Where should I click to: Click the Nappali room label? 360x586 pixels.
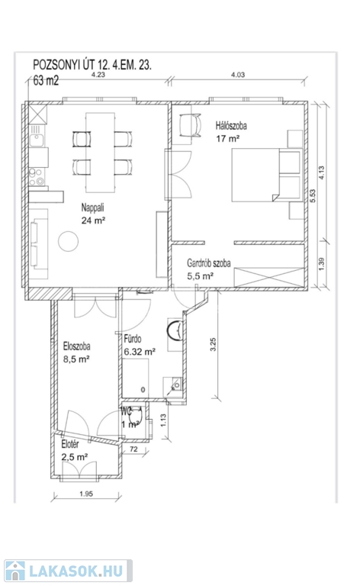coord(92,208)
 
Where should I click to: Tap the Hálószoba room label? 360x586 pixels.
coord(231,126)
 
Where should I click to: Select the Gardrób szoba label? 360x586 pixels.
coord(209,263)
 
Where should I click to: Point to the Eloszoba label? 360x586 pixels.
coord(76,346)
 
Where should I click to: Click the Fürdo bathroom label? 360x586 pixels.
coord(133,339)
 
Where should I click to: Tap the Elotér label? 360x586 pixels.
coord(70,444)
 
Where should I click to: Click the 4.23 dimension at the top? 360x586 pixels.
coord(98,74)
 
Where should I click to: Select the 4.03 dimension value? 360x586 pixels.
coord(238,75)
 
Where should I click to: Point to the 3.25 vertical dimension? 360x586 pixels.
coord(214,344)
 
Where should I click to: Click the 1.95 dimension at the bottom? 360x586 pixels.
coord(86,494)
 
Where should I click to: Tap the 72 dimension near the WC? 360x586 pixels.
coord(133,449)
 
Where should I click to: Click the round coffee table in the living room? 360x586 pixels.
coord(69,241)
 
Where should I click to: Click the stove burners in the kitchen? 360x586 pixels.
coord(37,177)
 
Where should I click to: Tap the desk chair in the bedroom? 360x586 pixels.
coord(190,126)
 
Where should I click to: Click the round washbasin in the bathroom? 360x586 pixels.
coord(175,330)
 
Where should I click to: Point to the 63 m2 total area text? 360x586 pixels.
coord(46,81)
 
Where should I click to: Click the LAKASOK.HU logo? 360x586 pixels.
coord(69,571)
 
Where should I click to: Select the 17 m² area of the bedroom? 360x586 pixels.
coord(228,139)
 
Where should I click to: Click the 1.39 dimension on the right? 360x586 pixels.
coord(323,264)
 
